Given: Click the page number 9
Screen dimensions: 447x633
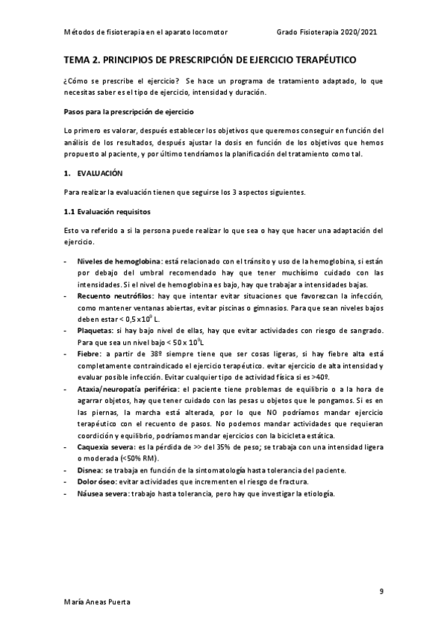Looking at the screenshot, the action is pos(381,591).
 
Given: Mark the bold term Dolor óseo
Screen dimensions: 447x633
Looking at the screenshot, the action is pos(97,482).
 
